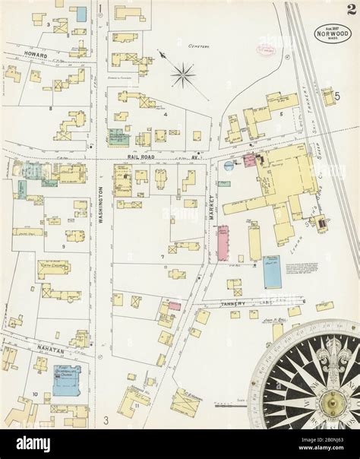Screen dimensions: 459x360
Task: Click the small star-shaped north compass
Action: point(182,74)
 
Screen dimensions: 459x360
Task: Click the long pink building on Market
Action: point(223,242)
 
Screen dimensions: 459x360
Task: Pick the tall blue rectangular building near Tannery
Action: point(271,271)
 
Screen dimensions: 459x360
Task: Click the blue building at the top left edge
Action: point(79,13)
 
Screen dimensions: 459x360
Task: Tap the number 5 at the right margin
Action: point(334,97)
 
